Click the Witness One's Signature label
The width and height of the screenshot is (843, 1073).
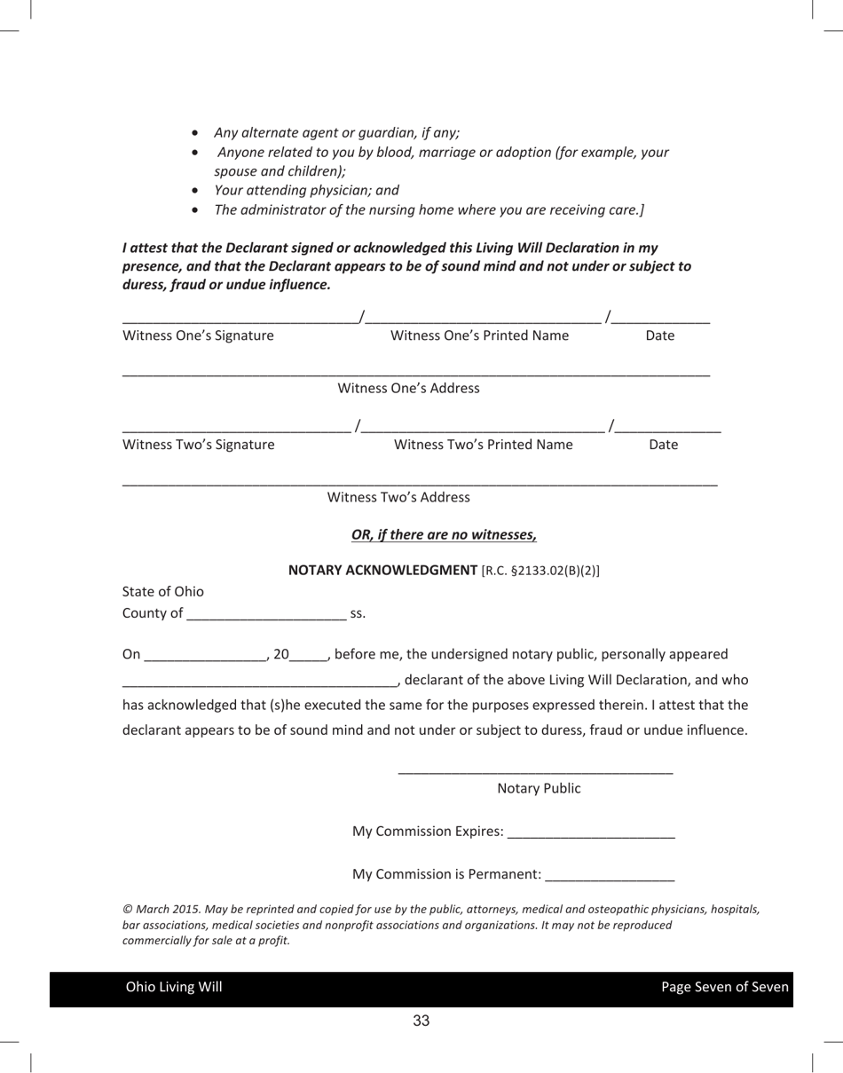click(x=198, y=335)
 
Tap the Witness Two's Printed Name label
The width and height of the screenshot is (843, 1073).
click(x=483, y=445)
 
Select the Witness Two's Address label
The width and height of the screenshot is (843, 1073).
click(x=398, y=497)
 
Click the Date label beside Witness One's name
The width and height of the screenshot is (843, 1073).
click(x=659, y=335)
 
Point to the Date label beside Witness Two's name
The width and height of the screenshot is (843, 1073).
click(x=663, y=445)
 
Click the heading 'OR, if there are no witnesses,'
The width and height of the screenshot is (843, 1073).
click(x=444, y=534)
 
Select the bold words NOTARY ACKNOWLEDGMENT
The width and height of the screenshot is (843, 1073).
click(x=382, y=570)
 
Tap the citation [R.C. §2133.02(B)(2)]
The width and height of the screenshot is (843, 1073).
click(x=540, y=571)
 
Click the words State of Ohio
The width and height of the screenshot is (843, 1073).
click(x=162, y=591)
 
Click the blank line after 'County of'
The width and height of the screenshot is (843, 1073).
click(x=267, y=615)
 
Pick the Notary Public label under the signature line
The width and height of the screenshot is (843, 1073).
click(x=539, y=788)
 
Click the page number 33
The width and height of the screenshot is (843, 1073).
click(x=421, y=1021)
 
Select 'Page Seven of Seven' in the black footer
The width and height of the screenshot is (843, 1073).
click(x=724, y=987)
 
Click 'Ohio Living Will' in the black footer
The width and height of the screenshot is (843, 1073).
click(x=174, y=987)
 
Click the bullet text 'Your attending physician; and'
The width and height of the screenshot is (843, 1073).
click(x=306, y=190)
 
